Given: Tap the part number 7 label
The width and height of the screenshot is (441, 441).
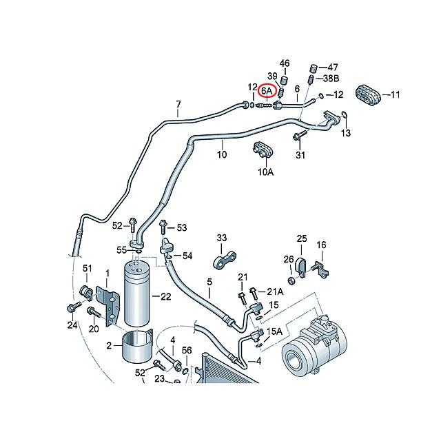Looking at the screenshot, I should coord(178,105).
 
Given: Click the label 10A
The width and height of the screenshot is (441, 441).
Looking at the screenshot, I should coord(266,172).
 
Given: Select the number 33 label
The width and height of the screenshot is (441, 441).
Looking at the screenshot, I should coord(221,238).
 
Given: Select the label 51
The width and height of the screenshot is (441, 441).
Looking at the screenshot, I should coord(88,268).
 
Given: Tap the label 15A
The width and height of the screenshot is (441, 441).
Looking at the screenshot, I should coord(274,332).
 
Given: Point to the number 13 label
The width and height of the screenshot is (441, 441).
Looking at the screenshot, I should coord(346,132).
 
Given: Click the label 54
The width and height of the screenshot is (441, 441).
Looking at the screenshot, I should coord(187,256).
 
